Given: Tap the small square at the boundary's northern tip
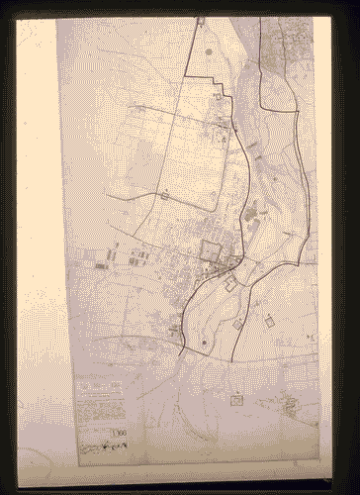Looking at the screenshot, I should pos(200,20).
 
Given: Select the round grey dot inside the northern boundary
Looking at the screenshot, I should pos(209,50).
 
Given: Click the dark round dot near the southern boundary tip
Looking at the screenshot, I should pos(205,343).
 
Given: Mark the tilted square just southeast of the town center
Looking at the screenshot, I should pos(230,284).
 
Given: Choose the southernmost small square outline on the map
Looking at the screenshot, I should pos(236,399).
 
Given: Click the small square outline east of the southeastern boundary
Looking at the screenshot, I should pos(270,319).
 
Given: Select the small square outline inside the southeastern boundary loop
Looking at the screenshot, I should pos(238,323).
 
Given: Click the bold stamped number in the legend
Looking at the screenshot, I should pos(119,432).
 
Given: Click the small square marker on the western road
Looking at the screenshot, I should pos(161,196).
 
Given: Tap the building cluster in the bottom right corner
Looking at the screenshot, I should pos(292,406).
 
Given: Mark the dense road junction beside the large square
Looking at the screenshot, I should pos(230,261).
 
